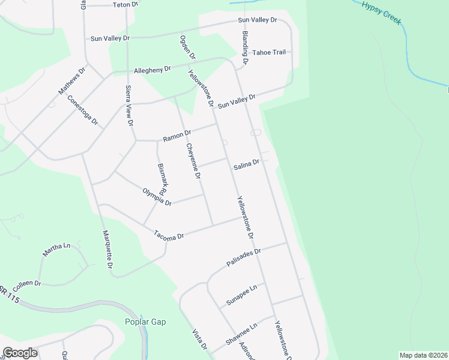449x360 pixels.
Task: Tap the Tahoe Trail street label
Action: [x=269, y=52]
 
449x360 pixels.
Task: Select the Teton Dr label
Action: [x=125, y=4]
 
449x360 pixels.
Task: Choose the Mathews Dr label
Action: [x=72, y=80]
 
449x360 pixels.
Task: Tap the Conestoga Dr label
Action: [x=83, y=110]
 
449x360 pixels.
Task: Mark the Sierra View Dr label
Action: [x=129, y=105]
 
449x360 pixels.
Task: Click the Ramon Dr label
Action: [x=177, y=136]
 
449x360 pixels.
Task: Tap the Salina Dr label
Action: [x=246, y=163]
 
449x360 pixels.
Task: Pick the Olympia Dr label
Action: [x=157, y=197]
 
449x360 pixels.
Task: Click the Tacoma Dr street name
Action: [x=168, y=235]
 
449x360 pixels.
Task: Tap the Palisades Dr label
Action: [x=244, y=258]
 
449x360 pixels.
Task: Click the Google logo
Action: [x=20, y=353]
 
